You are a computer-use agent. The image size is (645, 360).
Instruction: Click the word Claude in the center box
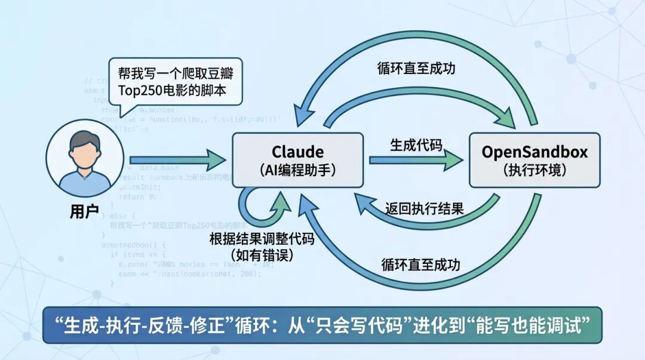coord(297,152)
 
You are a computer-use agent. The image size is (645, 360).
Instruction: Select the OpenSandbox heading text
coord(535,152)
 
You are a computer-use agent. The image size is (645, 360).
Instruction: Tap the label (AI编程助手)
coord(297,170)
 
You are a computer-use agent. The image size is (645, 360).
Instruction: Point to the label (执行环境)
coord(535,170)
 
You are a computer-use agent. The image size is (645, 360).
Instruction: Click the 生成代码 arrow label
coord(416,145)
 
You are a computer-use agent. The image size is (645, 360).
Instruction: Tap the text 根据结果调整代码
coord(261,239)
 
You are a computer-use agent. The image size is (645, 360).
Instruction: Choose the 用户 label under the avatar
coord(84,211)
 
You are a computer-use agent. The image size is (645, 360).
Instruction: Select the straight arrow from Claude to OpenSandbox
coord(416,160)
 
